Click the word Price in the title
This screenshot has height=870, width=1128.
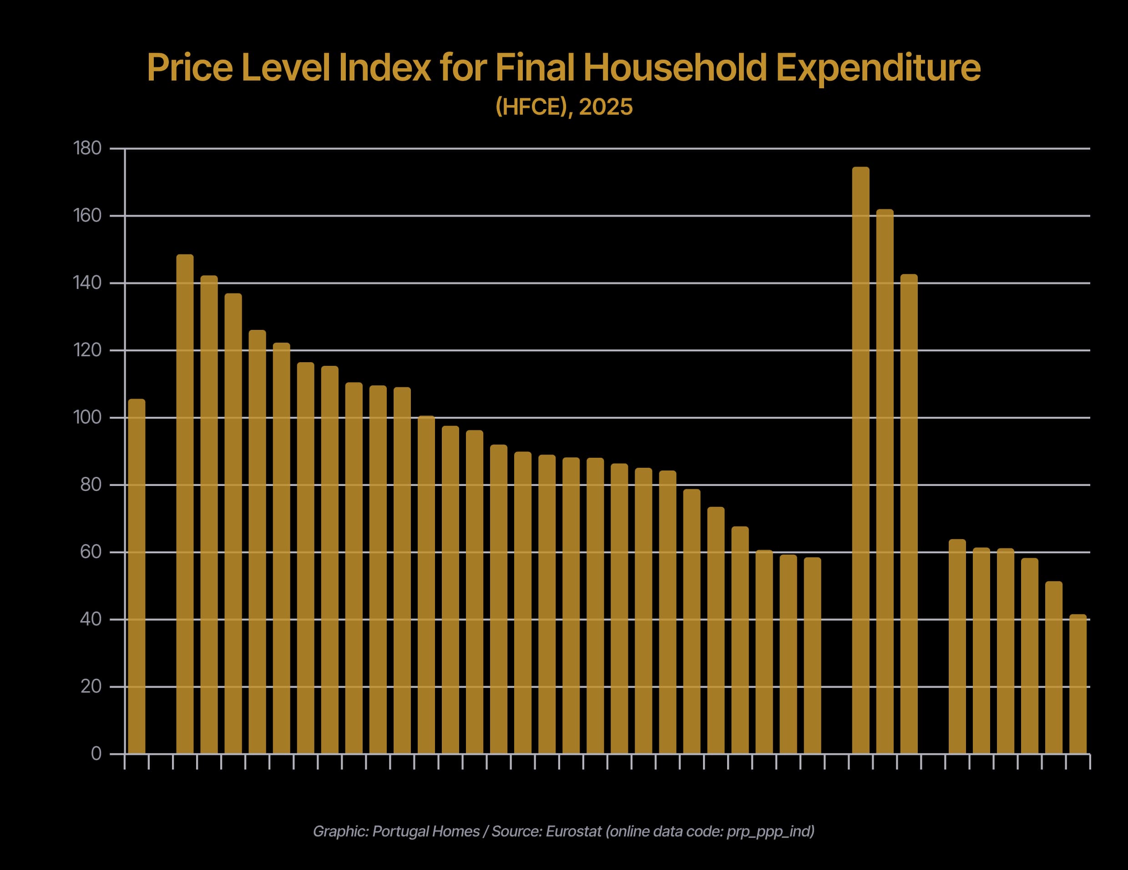pyautogui.click(x=190, y=68)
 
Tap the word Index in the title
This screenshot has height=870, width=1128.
pyautogui.click(x=385, y=68)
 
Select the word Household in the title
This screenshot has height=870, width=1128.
pyautogui.click(x=675, y=68)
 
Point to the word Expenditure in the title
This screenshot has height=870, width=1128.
pyautogui.click(x=878, y=68)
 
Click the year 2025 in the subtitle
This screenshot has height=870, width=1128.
pyautogui.click(x=605, y=107)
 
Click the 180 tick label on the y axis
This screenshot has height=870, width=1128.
pyautogui.click(x=87, y=148)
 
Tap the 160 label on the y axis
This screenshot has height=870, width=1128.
pyautogui.click(x=87, y=215)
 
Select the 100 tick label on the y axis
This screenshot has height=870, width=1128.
pyautogui.click(x=87, y=417)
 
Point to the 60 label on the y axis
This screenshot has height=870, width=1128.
pyautogui.click(x=91, y=552)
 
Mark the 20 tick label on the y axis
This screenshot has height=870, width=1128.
pyautogui.click(x=91, y=687)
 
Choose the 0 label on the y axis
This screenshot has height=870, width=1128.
pyautogui.click(x=96, y=754)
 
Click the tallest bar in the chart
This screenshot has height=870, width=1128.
pyautogui.click(x=860, y=460)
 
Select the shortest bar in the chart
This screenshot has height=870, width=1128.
pyautogui.click(x=1078, y=684)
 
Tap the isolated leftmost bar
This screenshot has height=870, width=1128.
pyautogui.click(x=137, y=576)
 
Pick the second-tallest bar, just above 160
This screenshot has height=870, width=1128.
pyautogui.click(x=885, y=481)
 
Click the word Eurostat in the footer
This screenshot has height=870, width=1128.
pyautogui.click(x=573, y=831)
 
